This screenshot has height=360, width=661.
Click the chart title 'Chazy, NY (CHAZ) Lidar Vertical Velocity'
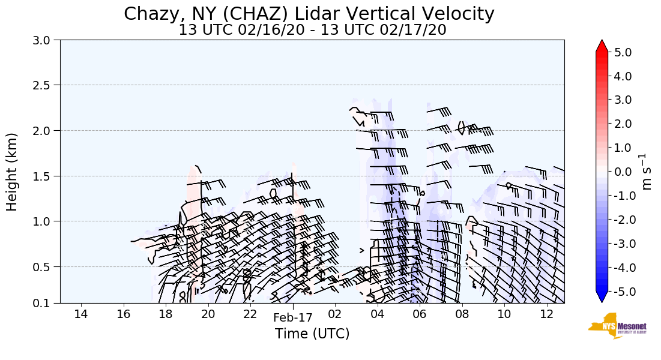point(309,14)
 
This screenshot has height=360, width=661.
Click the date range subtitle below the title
point(312,30)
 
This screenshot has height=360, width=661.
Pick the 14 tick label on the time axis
point(81,314)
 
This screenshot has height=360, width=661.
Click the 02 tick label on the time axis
point(335,314)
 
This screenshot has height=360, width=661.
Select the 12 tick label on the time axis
point(546,314)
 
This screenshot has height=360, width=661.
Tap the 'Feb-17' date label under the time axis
point(293,319)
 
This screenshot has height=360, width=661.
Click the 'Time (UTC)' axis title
point(312,334)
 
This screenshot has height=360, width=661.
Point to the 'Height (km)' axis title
point(12,172)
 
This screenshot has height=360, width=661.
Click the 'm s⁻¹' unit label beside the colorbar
point(647,172)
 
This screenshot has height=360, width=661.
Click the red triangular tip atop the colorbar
point(602,46)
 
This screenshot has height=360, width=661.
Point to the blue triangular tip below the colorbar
point(602,297)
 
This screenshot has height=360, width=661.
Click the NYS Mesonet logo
point(613,326)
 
